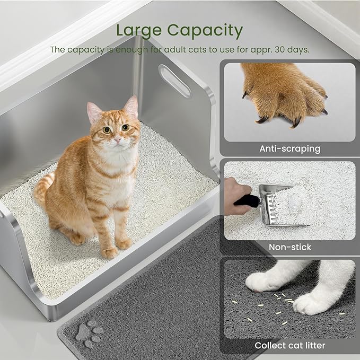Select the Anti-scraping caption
point(289,149)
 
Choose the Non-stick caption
point(289,247)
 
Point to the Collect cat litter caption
point(289,346)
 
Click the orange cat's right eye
point(126,128)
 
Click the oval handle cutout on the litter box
point(175,81)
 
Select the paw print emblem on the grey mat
point(88,332)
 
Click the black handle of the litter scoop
point(248,201)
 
